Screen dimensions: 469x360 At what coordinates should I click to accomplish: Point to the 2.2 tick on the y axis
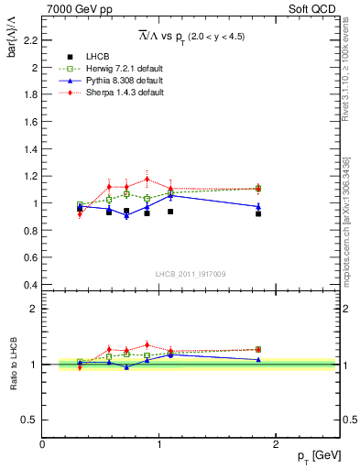click(29, 40)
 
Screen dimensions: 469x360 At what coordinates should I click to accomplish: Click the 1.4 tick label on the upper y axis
click(29, 148)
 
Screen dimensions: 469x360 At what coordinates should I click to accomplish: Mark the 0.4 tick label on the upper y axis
click(29, 285)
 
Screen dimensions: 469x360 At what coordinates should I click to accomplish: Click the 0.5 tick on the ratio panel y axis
click(29, 420)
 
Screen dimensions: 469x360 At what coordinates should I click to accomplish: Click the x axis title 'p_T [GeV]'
click(318, 456)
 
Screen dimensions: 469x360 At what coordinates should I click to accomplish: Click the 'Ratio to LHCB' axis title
click(14, 365)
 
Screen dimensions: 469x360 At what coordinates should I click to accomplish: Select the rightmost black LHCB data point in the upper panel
click(258, 213)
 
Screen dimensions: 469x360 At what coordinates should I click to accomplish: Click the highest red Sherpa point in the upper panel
click(147, 179)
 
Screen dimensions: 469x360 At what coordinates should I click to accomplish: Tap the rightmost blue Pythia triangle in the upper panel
click(258, 206)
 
